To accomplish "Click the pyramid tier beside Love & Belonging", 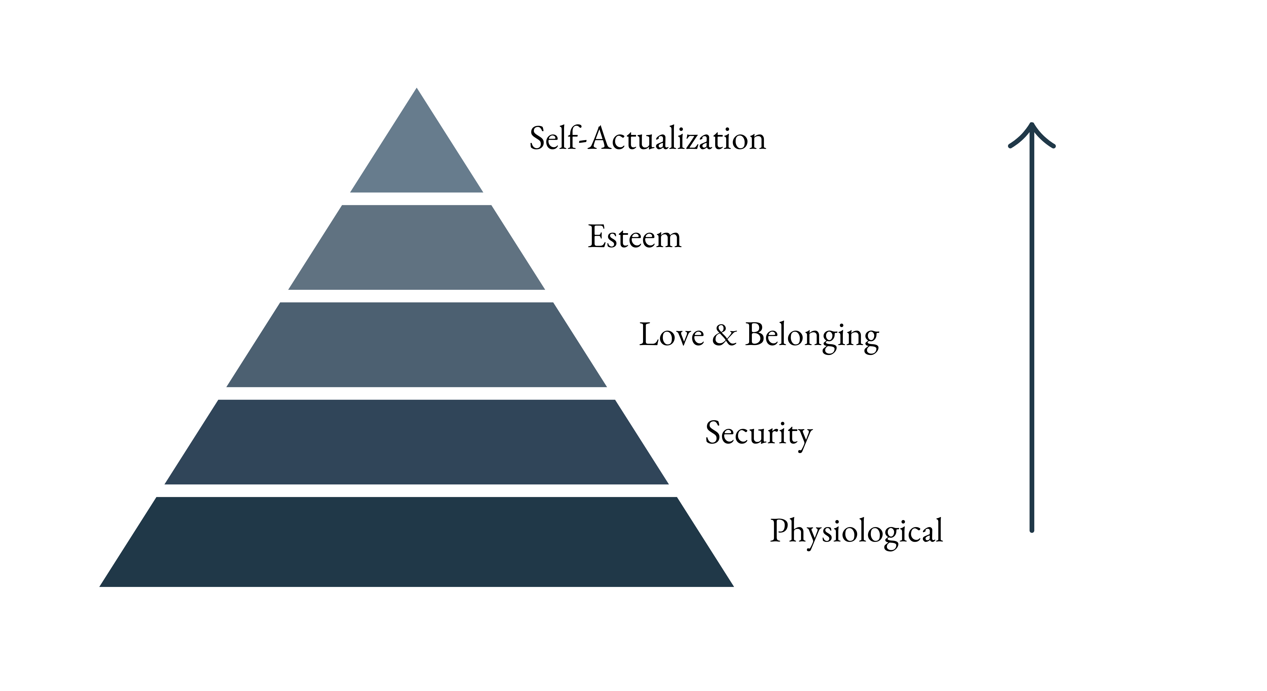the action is click(x=416, y=344).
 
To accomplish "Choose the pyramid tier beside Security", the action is click(x=416, y=442).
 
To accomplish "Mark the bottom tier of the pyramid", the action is click(x=416, y=542).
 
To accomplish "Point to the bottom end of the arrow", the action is click(x=1032, y=530).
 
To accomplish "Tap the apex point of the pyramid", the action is click(x=416, y=88).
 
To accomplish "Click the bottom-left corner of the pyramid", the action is click(x=99, y=587).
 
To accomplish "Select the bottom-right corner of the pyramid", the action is click(x=734, y=587).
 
